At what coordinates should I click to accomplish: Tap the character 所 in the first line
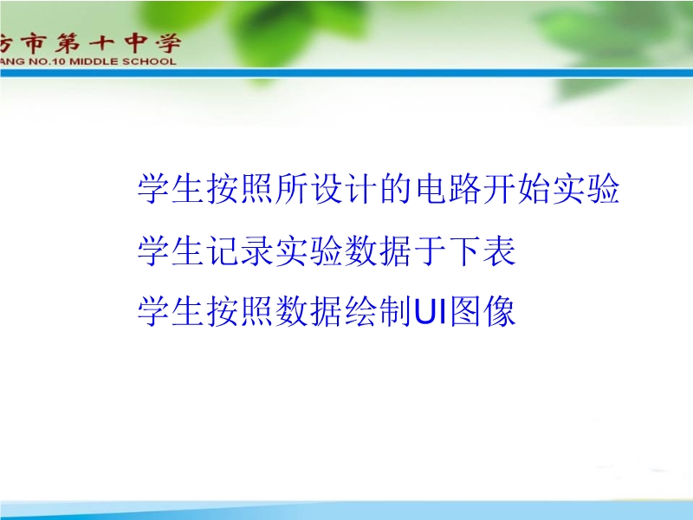pos(291,188)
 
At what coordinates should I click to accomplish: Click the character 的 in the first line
pos(397,188)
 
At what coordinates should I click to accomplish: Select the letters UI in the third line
pos(430,312)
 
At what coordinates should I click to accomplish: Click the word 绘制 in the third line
pos(379,311)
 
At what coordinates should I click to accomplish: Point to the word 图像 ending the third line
pos(483,311)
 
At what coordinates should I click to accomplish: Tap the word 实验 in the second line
pos(308,250)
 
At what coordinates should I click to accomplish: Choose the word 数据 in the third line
pos(308,311)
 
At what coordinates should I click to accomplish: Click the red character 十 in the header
pos(101,43)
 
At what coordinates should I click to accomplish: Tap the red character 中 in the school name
pos(135,42)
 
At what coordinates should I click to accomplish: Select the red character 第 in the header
pos(68,43)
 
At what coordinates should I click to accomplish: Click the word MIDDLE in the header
pos(94,62)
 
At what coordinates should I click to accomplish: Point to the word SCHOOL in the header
pos(149,62)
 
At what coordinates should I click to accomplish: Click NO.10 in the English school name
pos(48,62)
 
